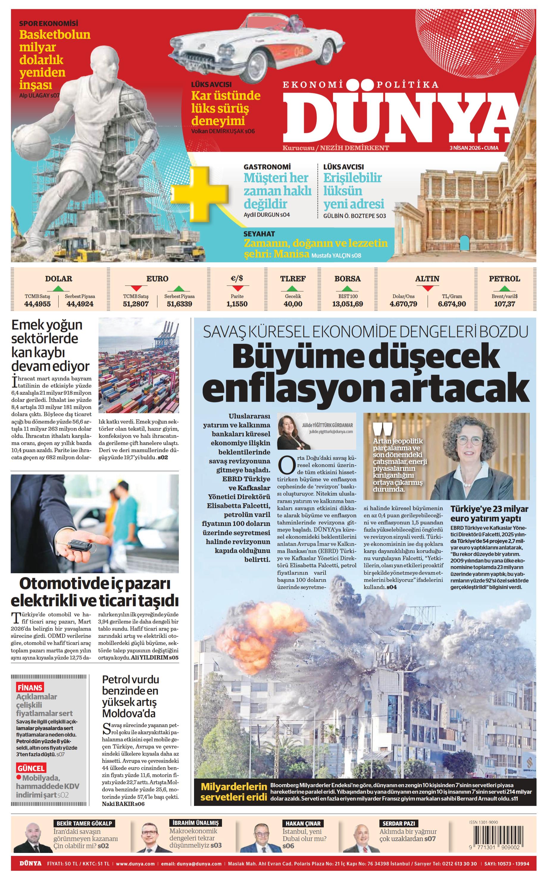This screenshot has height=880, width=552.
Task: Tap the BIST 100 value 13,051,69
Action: (x=347, y=304)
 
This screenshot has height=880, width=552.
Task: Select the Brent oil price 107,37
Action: (x=505, y=304)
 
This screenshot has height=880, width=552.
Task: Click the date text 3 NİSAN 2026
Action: (x=465, y=148)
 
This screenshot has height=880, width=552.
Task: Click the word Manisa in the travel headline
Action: (x=291, y=254)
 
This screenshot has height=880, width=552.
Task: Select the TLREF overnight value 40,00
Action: (x=293, y=304)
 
